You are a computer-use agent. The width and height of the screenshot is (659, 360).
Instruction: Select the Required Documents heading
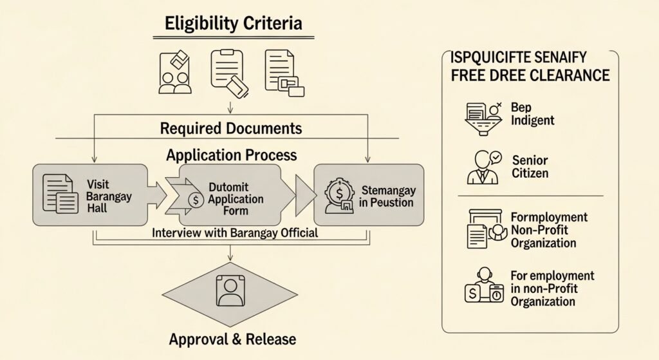(230, 128)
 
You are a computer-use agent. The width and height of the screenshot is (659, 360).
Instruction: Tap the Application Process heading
(231, 155)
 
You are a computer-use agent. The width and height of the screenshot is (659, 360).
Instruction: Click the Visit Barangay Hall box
(89, 194)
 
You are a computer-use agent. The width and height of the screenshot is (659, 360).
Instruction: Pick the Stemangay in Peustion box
(368, 194)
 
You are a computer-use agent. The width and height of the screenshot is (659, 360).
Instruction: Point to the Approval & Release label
(234, 339)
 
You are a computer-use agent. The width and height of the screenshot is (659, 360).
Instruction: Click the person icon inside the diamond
(230, 291)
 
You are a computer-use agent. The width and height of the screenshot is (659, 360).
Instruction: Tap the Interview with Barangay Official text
(234, 232)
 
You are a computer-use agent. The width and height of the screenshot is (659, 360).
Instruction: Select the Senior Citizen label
(530, 166)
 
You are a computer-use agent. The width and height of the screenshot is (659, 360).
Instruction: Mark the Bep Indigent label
(532, 113)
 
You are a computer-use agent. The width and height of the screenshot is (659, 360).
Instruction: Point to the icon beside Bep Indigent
(483, 116)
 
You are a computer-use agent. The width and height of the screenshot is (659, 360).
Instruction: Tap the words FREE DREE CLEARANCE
(530, 75)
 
